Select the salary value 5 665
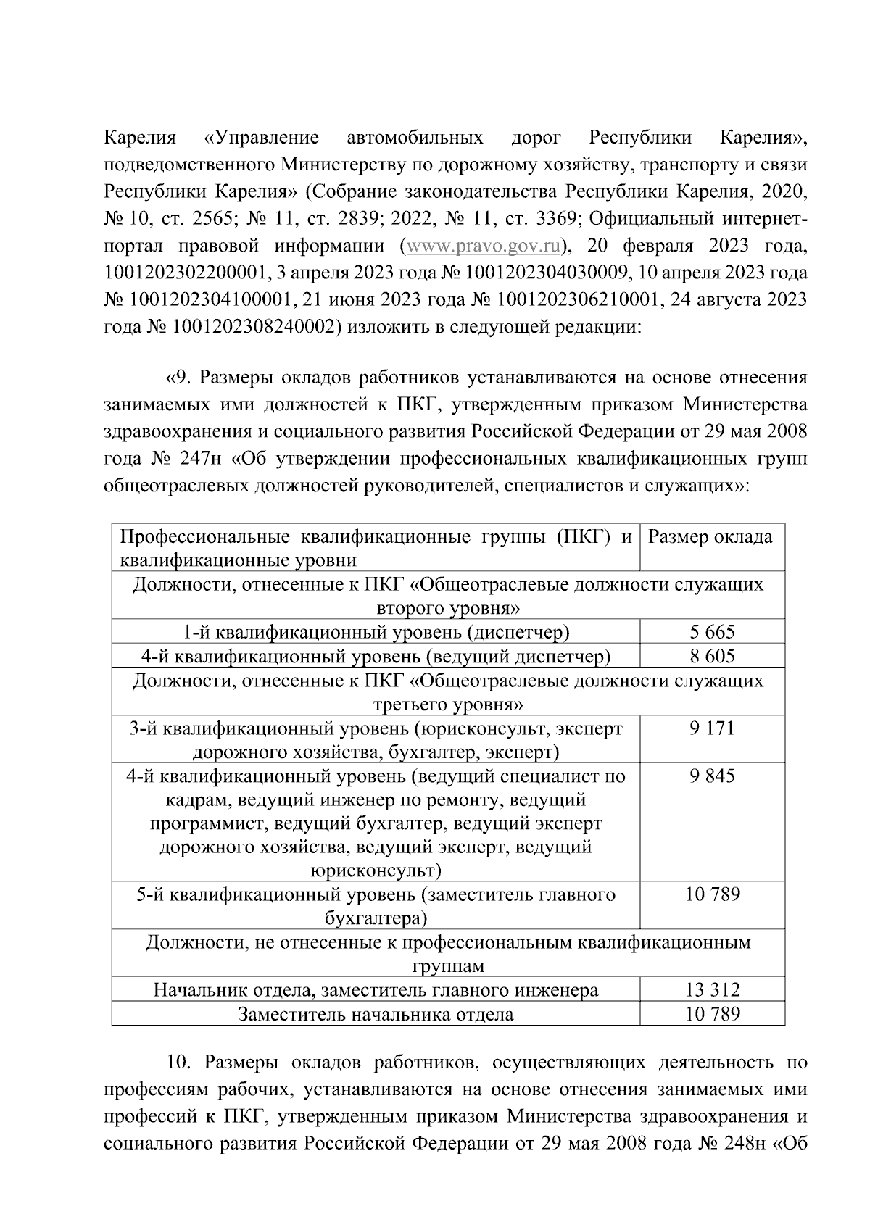coord(712,632)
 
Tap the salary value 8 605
coord(712,656)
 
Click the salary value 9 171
coord(712,728)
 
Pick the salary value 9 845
coord(712,776)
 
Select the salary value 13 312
coord(712,989)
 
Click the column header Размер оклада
coord(710,537)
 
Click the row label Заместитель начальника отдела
coord(376,1014)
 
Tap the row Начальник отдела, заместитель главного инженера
coord(376,989)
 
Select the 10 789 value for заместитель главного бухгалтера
coord(712,894)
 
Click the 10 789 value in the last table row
coord(712,1014)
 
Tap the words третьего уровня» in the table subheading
coord(448,704)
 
